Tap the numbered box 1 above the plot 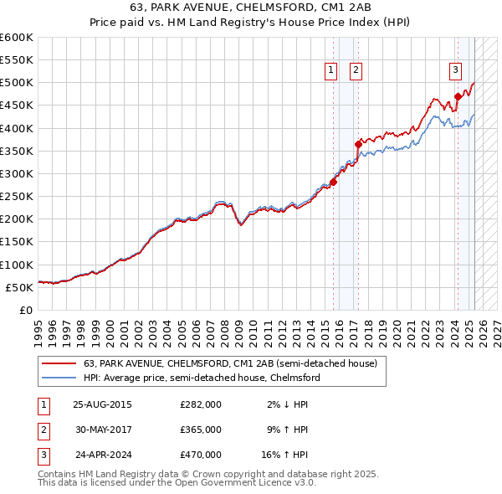(x=331, y=70)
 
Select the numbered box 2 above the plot (x=356, y=70)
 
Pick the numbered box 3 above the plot (x=455, y=70)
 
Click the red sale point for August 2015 (x=333, y=182)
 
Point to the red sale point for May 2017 (x=358, y=144)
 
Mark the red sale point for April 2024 (x=458, y=96)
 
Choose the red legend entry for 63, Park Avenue (x=231, y=363)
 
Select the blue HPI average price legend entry (x=202, y=378)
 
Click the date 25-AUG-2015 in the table (x=103, y=404)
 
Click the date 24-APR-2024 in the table (x=103, y=455)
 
